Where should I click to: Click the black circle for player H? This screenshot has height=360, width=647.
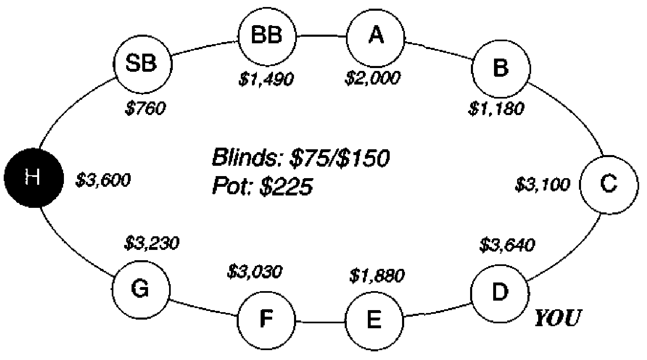(x=33, y=178)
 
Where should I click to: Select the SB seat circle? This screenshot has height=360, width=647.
(x=142, y=64)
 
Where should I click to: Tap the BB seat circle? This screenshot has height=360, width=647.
(x=267, y=36)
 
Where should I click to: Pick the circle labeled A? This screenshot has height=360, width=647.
(x=376, y=38)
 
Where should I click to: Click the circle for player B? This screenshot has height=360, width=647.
(x=501, y=68)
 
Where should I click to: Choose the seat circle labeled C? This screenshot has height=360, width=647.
(x=609, y=185)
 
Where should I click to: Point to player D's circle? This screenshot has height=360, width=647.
(x=500, y=293)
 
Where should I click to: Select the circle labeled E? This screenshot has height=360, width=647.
(x=374, y=321)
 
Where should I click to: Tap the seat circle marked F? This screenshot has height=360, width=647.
(x=266, y=320)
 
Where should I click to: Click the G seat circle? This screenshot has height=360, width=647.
(x=141, y=289)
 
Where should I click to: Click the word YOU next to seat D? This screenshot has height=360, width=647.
(x=557, y=318)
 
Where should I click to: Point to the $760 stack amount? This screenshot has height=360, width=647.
(x=145, y=108)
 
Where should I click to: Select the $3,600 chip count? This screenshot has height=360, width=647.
(x=103, y=180)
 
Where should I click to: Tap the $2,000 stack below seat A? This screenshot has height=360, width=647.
(x=373, y=78)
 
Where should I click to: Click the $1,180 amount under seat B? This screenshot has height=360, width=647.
(x=496, y=108)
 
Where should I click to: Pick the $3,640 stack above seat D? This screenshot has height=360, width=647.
(x=507, y=245)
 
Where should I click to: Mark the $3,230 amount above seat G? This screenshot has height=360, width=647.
(x=152, y=243)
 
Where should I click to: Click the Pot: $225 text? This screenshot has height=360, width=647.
(x=263, y=186)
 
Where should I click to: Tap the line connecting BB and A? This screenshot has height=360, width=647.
(x=322, y=36)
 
